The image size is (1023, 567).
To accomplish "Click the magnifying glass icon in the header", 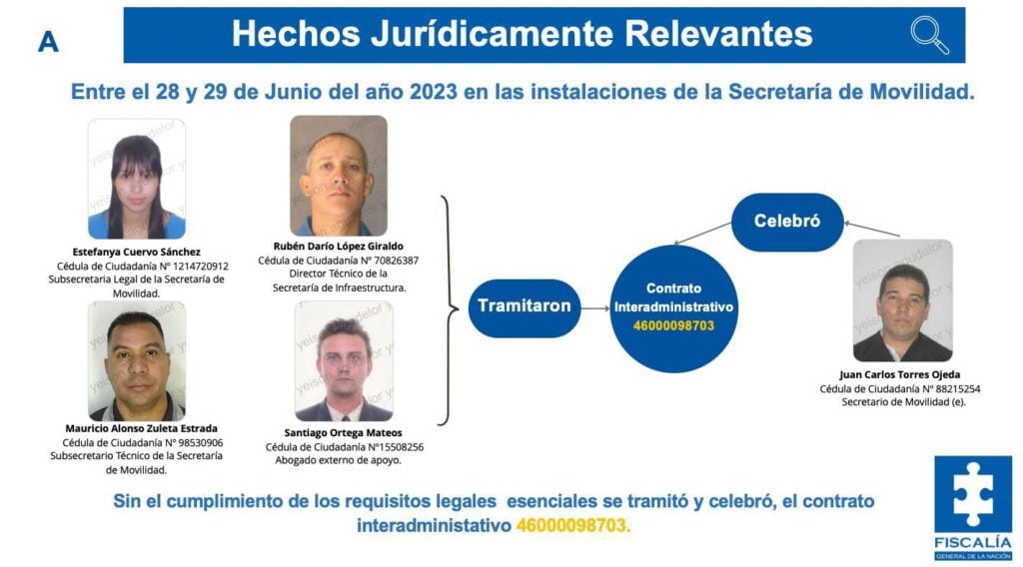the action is tap(929, 35).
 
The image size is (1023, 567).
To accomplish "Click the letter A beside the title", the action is tap(48, 42).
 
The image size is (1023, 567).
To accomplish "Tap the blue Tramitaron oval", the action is tap(523, 307).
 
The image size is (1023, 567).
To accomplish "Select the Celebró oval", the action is tap(787, 222).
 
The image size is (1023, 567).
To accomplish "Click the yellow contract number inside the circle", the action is tap(673, 325).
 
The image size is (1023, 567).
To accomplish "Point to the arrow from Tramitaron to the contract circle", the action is tap(595, 308).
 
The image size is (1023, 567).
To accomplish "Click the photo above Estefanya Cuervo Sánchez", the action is tap(136, 179).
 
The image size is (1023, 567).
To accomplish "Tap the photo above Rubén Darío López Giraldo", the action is tap(339, 176).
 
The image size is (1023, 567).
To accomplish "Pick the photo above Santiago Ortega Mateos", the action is tap(344, 360).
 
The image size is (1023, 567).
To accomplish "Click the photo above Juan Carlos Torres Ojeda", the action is tap(903, 300).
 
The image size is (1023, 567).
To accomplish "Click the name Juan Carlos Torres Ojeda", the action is tap(900, 374).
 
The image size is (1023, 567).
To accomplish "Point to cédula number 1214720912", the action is tap(200, 266).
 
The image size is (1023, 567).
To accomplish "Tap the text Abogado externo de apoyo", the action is tap(338, 460).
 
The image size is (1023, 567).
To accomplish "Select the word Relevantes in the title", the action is tap(718, 34).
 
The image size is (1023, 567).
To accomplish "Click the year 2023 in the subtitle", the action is tap(434, 92).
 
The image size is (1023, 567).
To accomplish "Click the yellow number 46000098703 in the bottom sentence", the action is tap(573, 525).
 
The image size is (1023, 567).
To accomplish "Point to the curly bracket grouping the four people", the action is tap(448, 309).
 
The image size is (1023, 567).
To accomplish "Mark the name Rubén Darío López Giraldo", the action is tap(339, 247).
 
